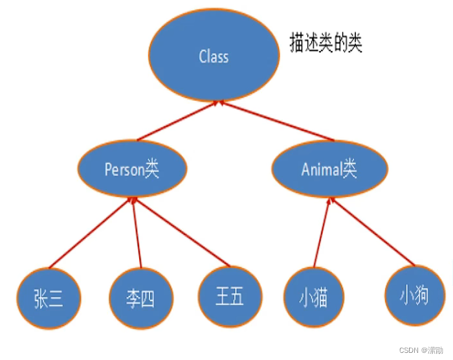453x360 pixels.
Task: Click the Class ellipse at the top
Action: click(214, 57)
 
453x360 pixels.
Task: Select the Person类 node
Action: click(132, 169)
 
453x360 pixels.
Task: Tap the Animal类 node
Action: click(329, 170)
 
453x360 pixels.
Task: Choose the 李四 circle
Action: click(140, 298)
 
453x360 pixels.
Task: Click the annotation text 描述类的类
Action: click(326, 43)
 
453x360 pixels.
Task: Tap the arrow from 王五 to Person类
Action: click(181, 233)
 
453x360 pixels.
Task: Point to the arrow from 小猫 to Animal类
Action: click(322, 233)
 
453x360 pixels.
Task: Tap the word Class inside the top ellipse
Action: click(214, 57)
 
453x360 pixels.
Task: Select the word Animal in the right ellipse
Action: click(322, 170)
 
